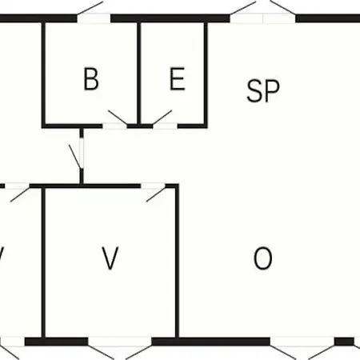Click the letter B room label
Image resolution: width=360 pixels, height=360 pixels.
tap(91, 79)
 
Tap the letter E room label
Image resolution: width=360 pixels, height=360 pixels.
tap(178, 78)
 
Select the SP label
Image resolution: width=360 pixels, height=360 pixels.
tap(263, 90)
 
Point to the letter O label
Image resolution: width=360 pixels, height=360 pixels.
tap(262, 258)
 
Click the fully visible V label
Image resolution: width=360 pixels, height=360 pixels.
tap(110, 258)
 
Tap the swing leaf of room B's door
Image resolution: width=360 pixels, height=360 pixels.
tap(118, 117)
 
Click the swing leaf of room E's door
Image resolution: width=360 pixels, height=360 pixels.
tap(162, 117)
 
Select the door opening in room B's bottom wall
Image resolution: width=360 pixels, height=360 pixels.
tap(114, 126)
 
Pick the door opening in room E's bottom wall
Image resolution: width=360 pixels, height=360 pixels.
tap(166, 126)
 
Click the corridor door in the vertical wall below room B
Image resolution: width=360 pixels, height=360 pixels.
tap(82, 153)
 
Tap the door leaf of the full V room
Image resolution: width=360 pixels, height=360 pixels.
tap(156, 194)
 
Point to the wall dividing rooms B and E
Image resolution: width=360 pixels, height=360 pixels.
tap(139, 74)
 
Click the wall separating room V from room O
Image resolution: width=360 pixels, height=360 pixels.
tap(177, 262)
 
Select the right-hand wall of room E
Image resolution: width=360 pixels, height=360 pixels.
tap(206, 74)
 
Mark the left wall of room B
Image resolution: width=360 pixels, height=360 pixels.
tap(43, 74)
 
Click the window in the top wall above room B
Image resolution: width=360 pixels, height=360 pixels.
tap(94, 18)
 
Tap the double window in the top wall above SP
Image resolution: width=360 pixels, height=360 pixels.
tap(262, 18)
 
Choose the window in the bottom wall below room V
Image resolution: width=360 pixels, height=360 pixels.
tap(120, 342)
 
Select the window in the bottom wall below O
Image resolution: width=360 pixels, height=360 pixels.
tap(302, 342)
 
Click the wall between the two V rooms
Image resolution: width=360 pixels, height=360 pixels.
tap(43, 262)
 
